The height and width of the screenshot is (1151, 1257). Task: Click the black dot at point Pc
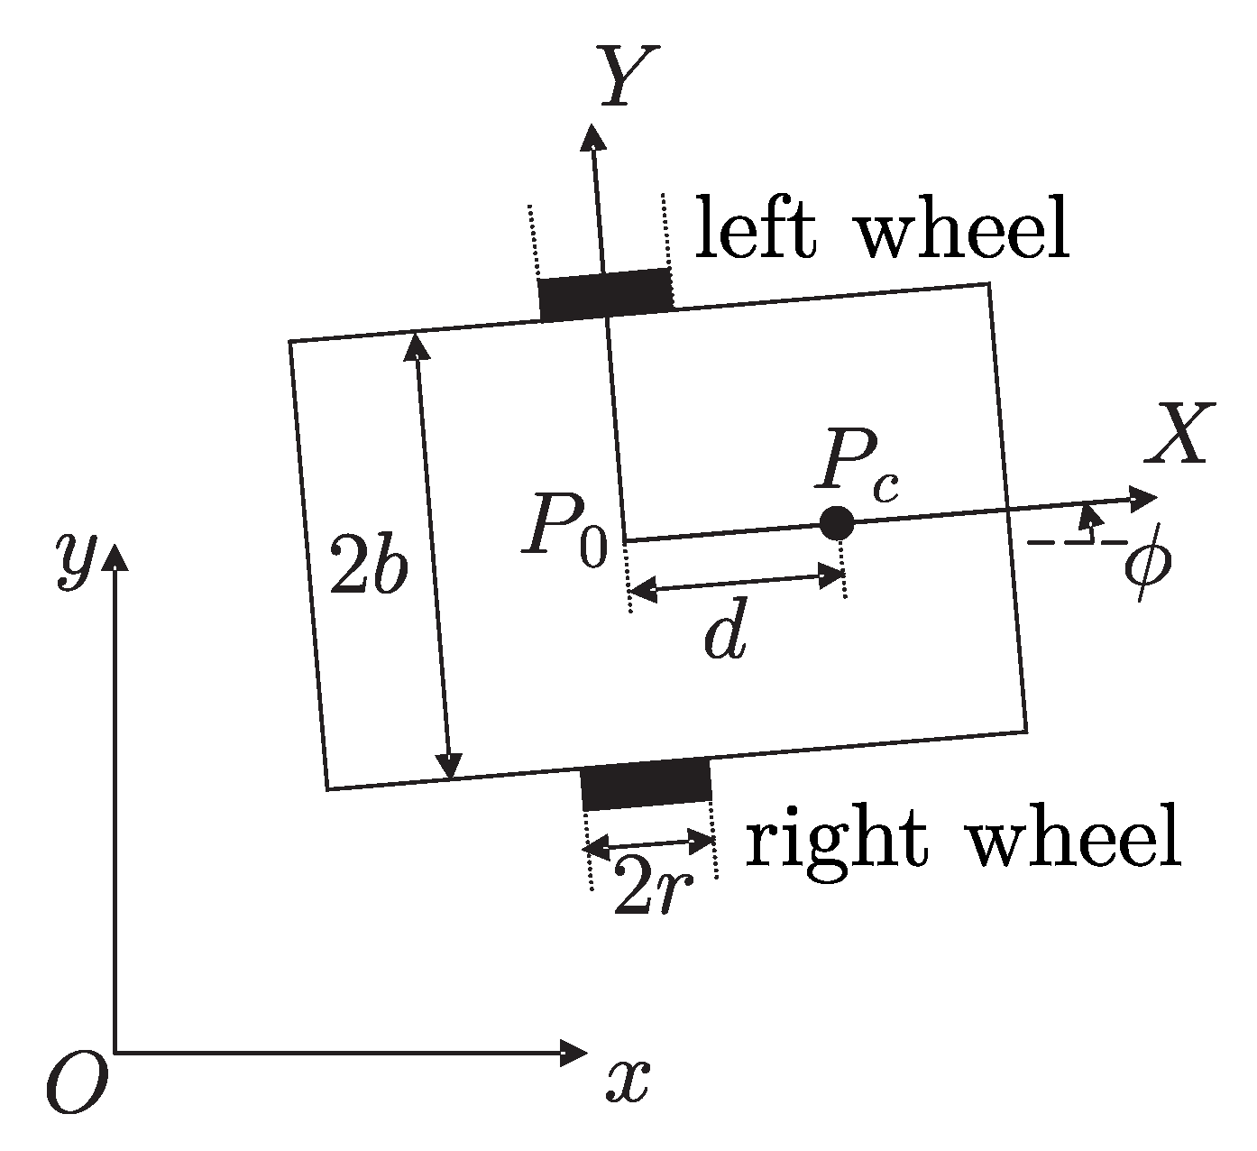coord(838,521)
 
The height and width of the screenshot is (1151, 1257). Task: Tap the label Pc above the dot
coord(859,470)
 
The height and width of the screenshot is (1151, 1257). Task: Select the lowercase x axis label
coord(628,1079)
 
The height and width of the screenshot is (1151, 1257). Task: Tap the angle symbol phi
coord(1146,564)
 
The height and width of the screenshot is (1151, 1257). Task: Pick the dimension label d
coord(726,636)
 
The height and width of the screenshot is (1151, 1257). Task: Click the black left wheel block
coord(606,294)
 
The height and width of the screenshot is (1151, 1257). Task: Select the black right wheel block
coord(647,783)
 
